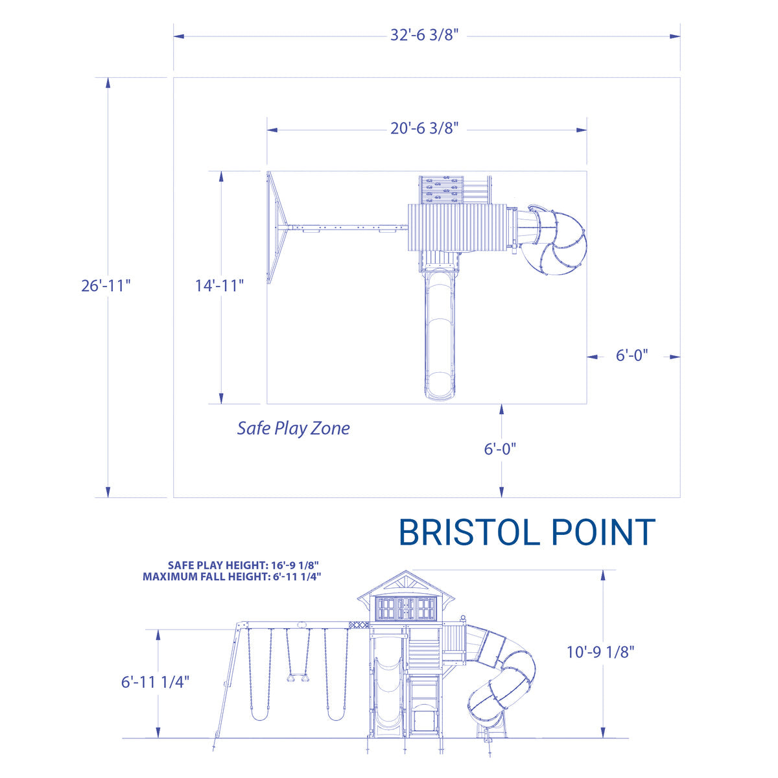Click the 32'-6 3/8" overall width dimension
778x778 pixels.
click(x=425, y=36)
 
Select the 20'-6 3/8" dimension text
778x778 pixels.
click(x=425, y=129)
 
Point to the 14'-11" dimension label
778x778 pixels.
click(x=220, y=285)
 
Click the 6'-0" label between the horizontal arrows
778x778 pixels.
click(x=631, y=356)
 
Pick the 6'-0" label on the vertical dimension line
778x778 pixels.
click(x=500, y=449)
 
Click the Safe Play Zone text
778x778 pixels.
click(x=293, y=429)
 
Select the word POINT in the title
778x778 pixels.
click(x=603, y=533)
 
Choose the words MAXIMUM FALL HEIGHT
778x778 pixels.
click(x=204, y=576)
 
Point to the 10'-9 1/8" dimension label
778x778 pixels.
click(x=600, y=652)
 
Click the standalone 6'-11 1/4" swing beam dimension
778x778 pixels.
click(x=156, y=682)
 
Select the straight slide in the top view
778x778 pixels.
click(x=440, y=334)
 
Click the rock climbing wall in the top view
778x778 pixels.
click(x=440, y=189)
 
